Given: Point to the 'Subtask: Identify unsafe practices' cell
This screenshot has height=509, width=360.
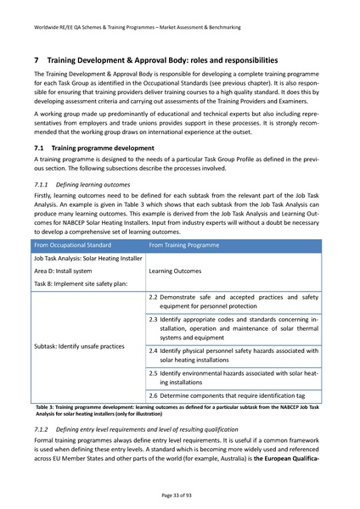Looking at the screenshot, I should [79, 346].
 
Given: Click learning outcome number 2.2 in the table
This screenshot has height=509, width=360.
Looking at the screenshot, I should [154, 298].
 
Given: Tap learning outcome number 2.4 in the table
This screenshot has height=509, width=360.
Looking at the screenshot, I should [154, 350].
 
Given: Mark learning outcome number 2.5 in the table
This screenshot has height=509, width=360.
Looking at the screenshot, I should [154, 372].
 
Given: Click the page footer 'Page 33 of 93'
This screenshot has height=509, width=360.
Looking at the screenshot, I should [180, 493].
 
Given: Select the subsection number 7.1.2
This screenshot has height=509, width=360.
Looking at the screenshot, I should [43, 431].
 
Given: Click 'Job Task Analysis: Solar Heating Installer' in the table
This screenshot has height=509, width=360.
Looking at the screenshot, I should [87, 235].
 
